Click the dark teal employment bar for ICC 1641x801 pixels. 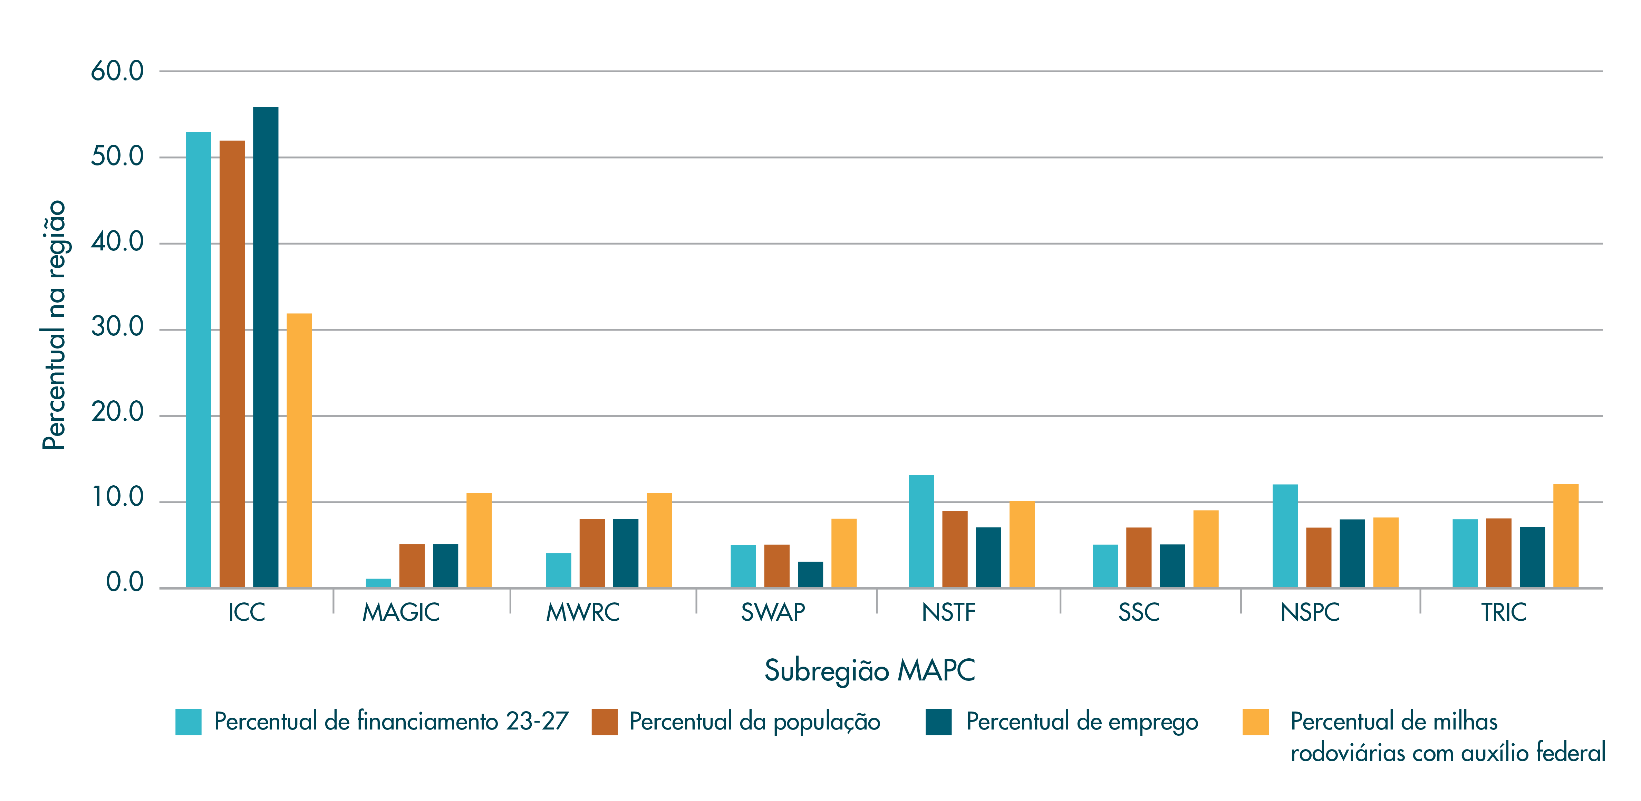coord(266,347)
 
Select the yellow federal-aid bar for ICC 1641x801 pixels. coord(299,450)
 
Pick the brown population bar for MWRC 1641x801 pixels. coord(592,553)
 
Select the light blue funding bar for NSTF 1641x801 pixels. coord(921,532)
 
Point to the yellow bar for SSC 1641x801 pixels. coord(1206,549)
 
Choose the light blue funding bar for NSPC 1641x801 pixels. coord(1285,536)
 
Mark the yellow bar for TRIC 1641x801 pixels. coord(1566,536)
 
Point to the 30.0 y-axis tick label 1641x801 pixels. coord(117,327)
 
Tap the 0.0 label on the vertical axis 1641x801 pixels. coord(125,582)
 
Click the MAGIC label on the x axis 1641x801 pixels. coord(401,612)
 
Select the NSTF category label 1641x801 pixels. coord(948,612)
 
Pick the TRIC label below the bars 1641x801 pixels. coord(1503,612)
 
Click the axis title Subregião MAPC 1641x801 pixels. coord(870,670)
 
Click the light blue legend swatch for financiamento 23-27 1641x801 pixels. coord(189,722)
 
